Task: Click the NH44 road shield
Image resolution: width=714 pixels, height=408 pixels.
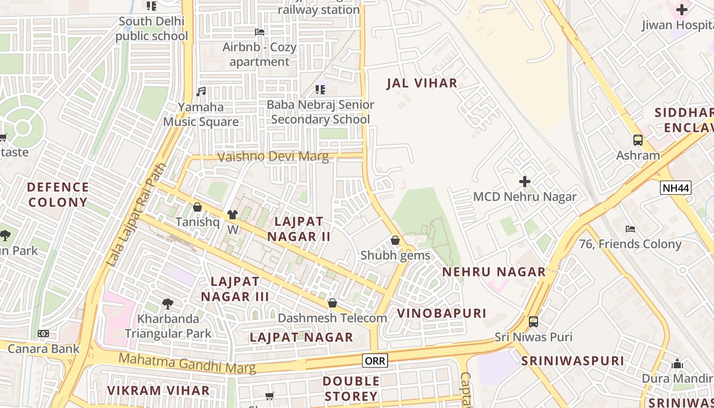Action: point(676,188)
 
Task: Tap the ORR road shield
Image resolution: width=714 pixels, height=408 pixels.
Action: point(375,361)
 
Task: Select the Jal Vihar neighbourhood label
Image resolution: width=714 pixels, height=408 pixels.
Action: point(422,84)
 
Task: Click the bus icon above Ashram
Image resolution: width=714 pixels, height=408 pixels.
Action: point(637,140)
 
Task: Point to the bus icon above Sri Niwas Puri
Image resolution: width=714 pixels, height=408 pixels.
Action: point(533,322)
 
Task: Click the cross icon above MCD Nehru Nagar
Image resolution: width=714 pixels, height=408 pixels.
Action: point(524,182)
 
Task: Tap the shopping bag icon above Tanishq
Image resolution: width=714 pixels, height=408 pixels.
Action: point(197,207)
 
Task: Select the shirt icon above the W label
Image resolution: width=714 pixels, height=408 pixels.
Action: point(233,215)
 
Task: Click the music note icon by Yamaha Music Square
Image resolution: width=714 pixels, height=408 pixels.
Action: point(201,92)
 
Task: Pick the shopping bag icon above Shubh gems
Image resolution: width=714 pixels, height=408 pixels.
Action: point(395,240)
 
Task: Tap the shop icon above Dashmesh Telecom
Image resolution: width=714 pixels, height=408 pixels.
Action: point(333,303)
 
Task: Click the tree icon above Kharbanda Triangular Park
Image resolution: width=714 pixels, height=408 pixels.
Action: point(167,304)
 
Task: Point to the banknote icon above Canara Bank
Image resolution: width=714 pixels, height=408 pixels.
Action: point(43,334)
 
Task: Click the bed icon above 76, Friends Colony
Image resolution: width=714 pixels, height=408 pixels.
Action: point(630,229)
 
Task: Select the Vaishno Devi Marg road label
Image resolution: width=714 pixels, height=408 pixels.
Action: point(273,157)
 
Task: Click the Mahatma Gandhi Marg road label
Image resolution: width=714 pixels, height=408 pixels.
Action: point(187,363)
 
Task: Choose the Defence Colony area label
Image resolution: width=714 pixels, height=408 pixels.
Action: point(58,195)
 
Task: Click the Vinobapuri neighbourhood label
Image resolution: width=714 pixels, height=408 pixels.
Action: point(442,313)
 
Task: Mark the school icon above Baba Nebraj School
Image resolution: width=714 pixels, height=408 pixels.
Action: point(320,90)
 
